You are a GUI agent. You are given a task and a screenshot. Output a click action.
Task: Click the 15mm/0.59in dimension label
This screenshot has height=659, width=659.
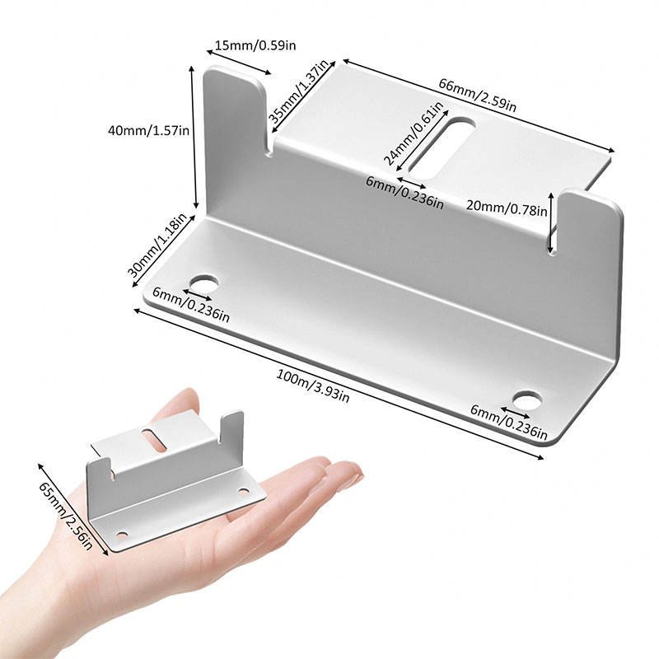click(x=255, y=45)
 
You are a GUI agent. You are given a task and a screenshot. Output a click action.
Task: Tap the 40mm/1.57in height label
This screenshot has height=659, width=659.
click(x=149, y=130)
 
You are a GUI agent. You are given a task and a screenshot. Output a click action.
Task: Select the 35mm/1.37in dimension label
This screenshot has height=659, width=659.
click(x=299, y=91)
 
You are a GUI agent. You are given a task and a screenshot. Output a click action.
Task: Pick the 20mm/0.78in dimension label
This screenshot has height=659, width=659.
click(x=505, y=209)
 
